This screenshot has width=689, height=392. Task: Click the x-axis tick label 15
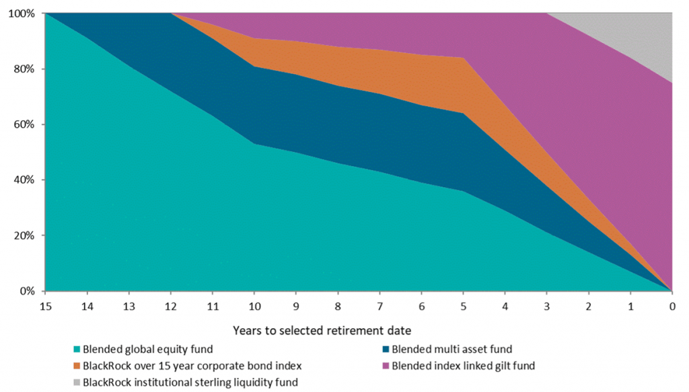pyautogui.click(x=45, y=306)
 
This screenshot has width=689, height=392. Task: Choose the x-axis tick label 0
pyautogui.click(x=672, y=306)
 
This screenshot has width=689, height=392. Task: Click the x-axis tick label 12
pyautogui.click(x=171, y=306)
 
